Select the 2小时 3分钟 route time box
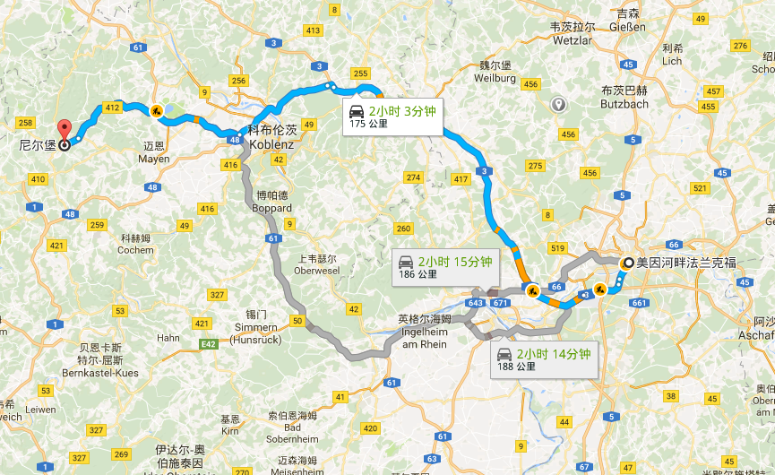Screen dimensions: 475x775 coord(392,117)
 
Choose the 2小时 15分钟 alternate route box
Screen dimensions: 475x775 coord(444,267)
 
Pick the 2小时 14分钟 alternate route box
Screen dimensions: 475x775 coord(544,358)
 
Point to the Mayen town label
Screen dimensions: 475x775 coord(154,153)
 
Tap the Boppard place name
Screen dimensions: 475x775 coord(273,202)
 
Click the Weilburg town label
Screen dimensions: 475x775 coord(497,73)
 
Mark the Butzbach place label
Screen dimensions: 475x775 coord(624,98)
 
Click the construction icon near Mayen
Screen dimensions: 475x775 coord(157,112)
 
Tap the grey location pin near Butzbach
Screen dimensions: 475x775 coord(559,105)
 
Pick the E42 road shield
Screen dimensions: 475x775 coord(208,342)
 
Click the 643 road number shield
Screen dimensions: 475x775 coord(475,304)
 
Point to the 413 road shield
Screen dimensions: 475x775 coord(313,30)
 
